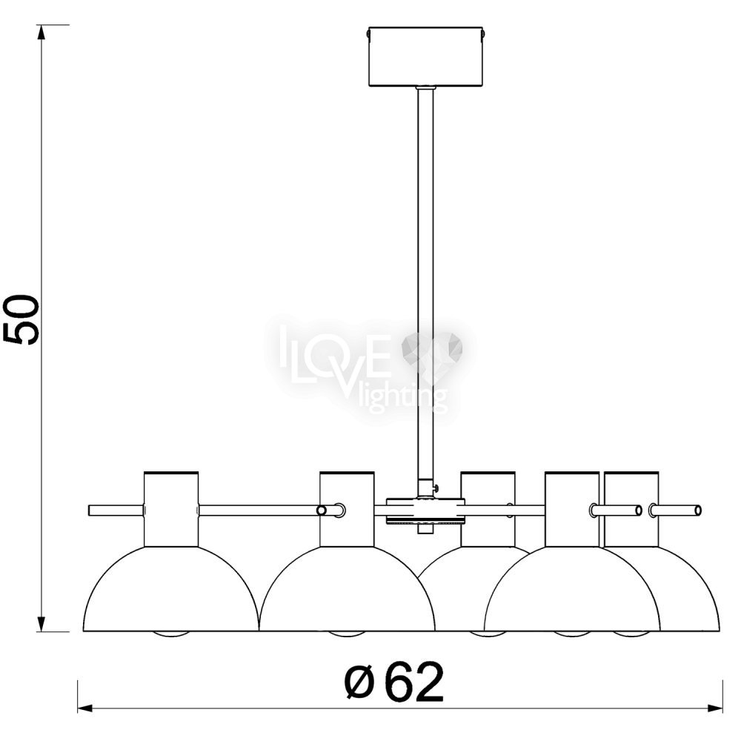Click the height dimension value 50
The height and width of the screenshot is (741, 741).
click(x=21, y=320)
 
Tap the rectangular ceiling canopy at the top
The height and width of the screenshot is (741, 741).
click(x=425, y=57)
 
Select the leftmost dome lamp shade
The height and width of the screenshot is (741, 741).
click(x=171, y=589)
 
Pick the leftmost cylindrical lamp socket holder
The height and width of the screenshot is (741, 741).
click(x=171, y=510)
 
